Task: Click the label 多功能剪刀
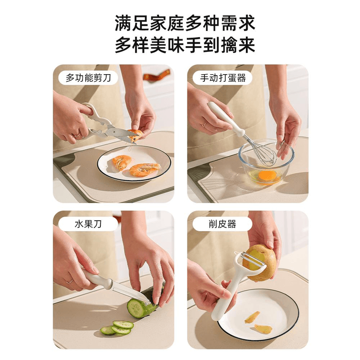[88, 78]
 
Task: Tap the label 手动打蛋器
[223, 78]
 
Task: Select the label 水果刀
[88, 224]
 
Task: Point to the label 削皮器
[223, 224]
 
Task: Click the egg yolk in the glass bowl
[267, 175]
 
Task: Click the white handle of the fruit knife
[97, 280]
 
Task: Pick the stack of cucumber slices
[117, 328]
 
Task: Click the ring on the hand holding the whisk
[204, 124]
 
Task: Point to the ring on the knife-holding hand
[70, 281]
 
